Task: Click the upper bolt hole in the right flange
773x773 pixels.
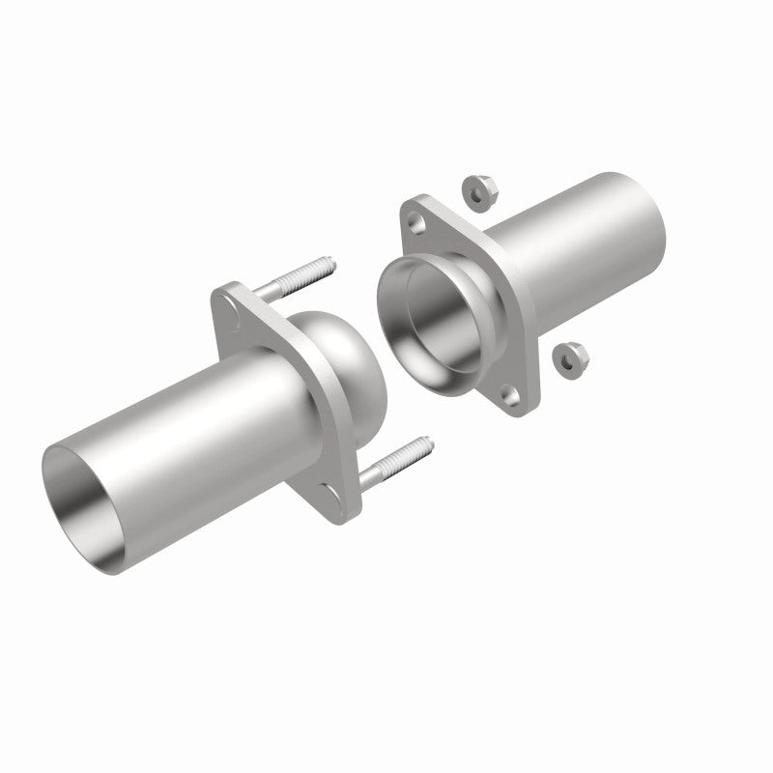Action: pyautogui.click(x=416, y=222)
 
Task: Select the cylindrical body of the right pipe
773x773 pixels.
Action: pyautogui.click(x=570, y=251)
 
